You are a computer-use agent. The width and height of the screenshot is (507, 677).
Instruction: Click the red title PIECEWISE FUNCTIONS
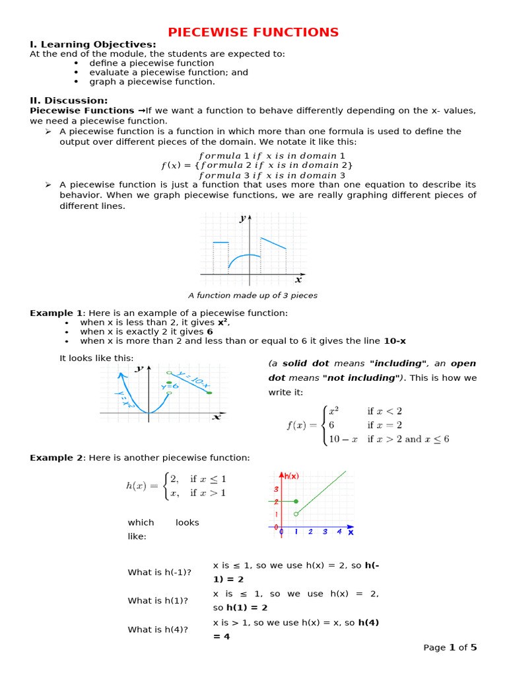[x=253, y=32]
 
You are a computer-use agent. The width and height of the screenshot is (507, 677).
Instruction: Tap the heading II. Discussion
[x=69, y=100]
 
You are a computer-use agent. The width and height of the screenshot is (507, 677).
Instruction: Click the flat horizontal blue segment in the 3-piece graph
[x=220, y=243]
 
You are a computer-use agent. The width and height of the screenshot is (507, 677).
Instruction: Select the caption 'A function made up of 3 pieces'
[x=253, y=296]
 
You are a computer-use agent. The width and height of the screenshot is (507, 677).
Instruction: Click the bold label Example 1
[x=56, y=313]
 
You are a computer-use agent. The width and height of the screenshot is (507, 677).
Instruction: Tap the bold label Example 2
[x=56, y=458]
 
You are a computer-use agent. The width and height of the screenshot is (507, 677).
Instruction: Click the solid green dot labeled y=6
[x=170, y=383]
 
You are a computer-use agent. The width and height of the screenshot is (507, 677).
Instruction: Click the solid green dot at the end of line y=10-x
[x=209, y=393]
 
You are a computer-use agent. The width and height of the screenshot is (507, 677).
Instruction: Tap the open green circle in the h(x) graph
[x=296, y=514]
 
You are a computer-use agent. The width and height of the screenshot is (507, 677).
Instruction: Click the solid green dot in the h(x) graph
[x=296, y=502]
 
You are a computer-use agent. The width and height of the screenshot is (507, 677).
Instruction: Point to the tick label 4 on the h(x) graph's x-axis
[x=339, y=532]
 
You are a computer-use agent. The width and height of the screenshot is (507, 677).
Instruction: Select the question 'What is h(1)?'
[x=158, y=601]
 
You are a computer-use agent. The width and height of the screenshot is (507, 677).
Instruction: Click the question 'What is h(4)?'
[x=158, y=630]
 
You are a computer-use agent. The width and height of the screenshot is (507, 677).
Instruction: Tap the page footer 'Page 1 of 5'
[x=450, y=647]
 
